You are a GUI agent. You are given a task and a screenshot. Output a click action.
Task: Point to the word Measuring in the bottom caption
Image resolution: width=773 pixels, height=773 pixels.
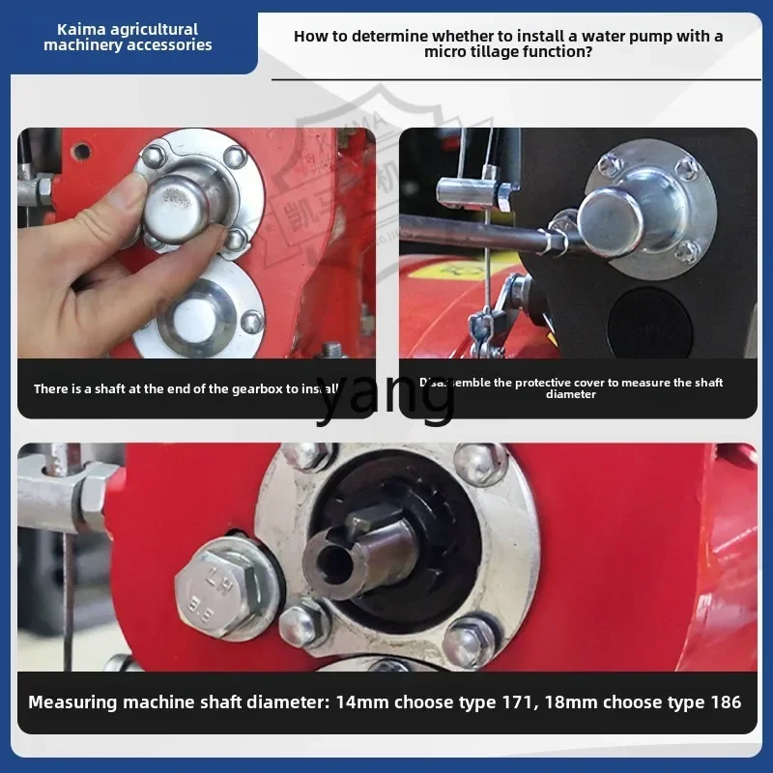[73, 702]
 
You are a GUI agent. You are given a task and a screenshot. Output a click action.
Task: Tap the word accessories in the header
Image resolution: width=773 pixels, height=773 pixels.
[164, 45]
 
